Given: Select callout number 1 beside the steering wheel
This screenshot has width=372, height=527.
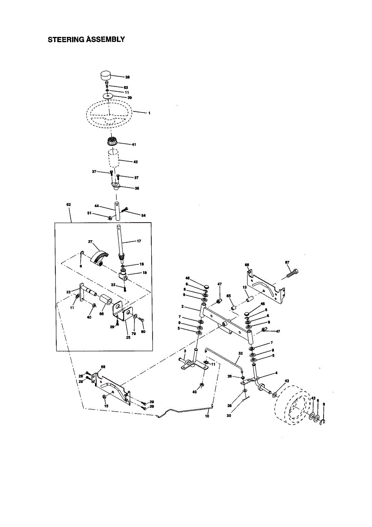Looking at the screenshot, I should click(x=149, y=113).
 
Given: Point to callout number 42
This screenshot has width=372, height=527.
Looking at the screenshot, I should click(x=135, y=162).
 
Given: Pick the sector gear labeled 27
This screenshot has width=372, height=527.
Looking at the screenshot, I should click(x=98, y=257).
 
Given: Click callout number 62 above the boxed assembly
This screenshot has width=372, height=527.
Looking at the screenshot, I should click(x=69, y=205).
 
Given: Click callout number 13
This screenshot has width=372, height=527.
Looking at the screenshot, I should click(x=245, y=287).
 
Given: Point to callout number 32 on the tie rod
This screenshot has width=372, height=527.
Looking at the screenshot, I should click(x=241, y=353).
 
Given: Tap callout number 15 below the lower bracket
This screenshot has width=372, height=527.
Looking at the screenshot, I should click(x=106, y=406).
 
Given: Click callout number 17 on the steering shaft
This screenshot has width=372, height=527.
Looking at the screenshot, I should click(x=139, y=241).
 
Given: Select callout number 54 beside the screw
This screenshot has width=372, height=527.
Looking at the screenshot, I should click(x=143, y=215).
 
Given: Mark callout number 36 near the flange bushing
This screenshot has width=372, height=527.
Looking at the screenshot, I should click(x=137, y=188).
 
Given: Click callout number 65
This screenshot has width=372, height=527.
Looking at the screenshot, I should click(x=229, y=296).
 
